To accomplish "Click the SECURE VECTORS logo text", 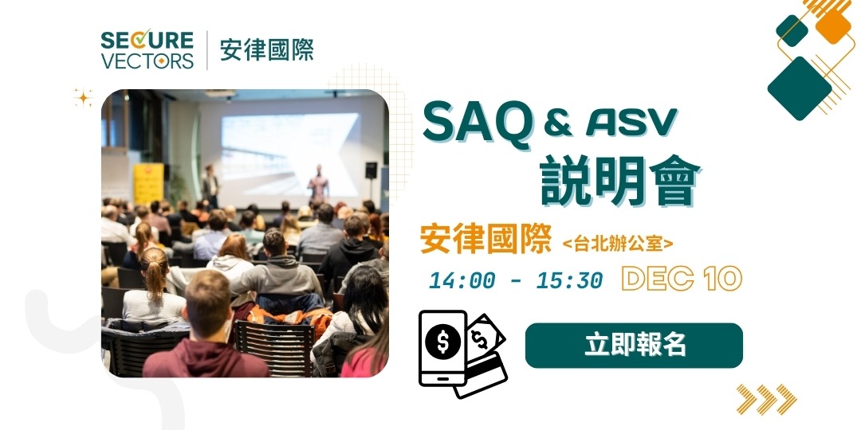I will point(147,50).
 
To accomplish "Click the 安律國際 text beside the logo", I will point(266,50).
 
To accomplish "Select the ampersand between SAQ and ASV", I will point(556,123).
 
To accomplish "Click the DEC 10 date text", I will point(682,279).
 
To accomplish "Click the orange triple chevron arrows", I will point(766,399).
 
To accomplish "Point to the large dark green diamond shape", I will point(799,88).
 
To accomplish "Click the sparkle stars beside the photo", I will point(84,98).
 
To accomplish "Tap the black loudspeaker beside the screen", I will point(371,170).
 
